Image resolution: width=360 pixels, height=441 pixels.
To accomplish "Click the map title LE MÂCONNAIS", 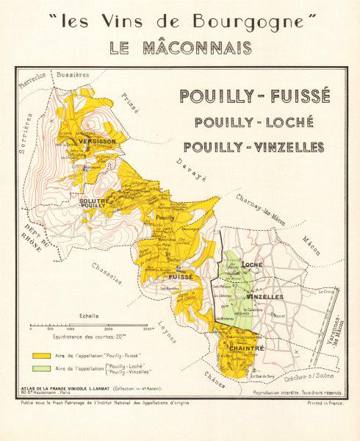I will pos(180,48).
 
